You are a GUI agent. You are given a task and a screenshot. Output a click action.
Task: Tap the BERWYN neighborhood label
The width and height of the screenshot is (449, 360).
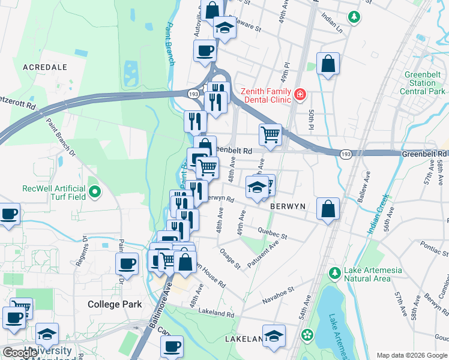point(288,206)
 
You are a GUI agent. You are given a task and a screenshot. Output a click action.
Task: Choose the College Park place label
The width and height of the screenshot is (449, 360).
point(115,304)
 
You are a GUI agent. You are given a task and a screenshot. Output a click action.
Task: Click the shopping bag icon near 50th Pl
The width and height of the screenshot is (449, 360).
point(328,64)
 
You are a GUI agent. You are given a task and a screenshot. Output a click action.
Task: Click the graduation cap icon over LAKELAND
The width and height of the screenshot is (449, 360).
point(274,337)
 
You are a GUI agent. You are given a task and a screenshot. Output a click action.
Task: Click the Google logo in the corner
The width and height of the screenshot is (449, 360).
point(20,353)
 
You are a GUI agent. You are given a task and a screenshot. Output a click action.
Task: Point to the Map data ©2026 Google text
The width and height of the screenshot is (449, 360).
point(411,355)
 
